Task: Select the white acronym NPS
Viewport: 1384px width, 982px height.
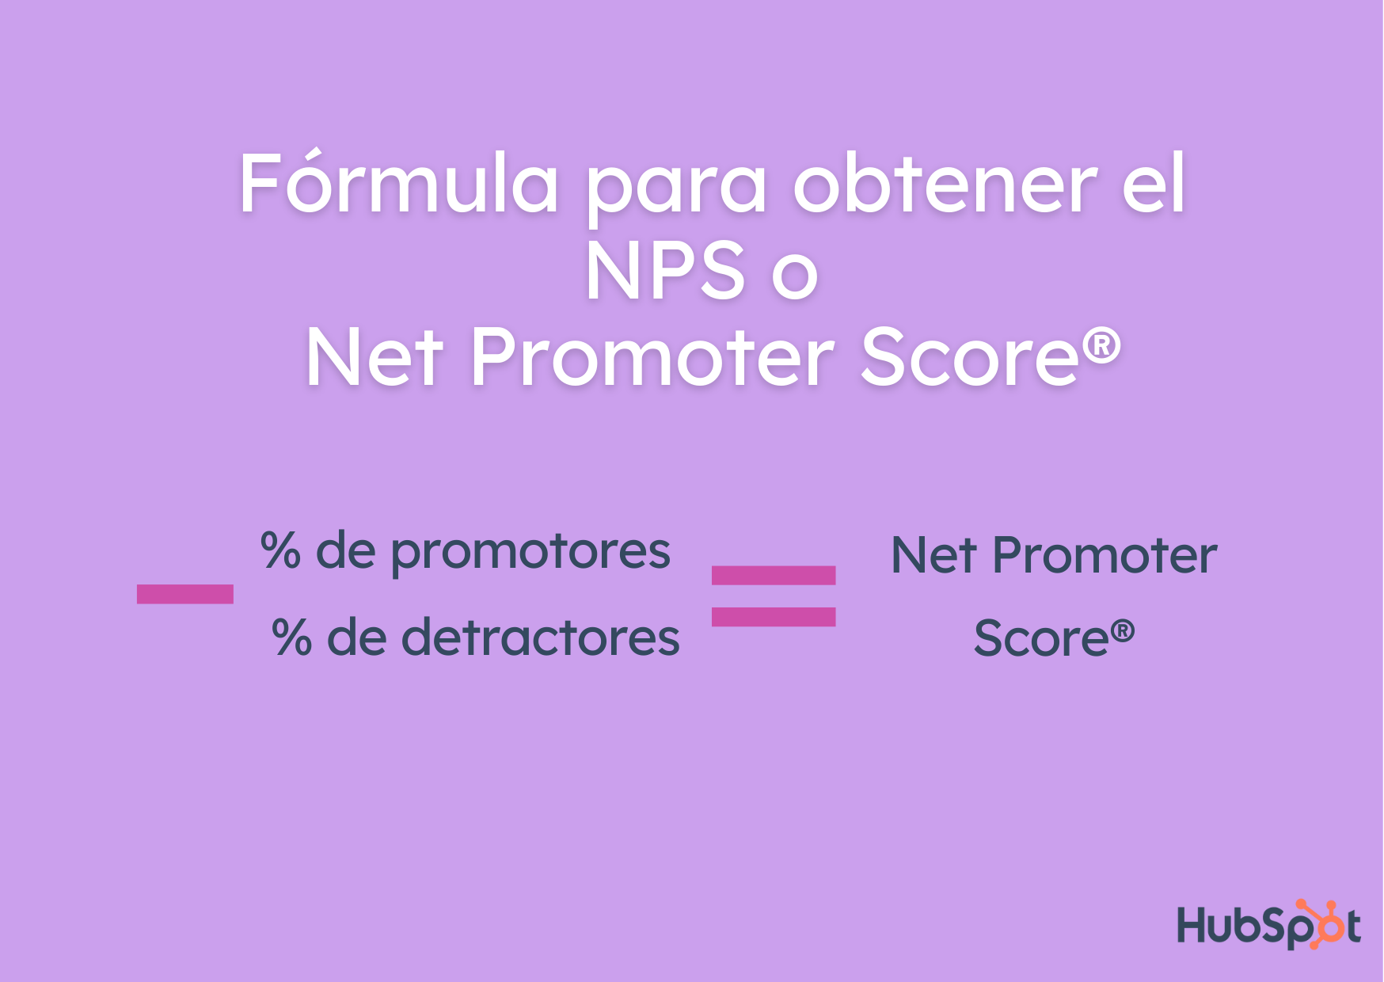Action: (x=665, y=271)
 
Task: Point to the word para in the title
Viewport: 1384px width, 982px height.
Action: (x=676, y=190)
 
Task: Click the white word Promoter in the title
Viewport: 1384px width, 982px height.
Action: (x=652, y=358)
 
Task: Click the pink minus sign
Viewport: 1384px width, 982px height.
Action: (x=184, y=594)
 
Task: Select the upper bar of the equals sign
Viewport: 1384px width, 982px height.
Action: (x=774, y=575)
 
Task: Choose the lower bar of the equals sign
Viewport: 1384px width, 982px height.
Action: (x=774, y=617)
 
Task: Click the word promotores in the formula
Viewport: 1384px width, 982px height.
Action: (x=530, y=552)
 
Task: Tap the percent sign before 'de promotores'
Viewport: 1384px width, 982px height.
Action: (x=281, y=550)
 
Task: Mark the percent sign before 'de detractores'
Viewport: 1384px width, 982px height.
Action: (x=291, y=638)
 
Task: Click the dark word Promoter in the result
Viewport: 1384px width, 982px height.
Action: (x=1104, y=555)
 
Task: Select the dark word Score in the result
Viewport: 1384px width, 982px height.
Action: (x=1040, y=638)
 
